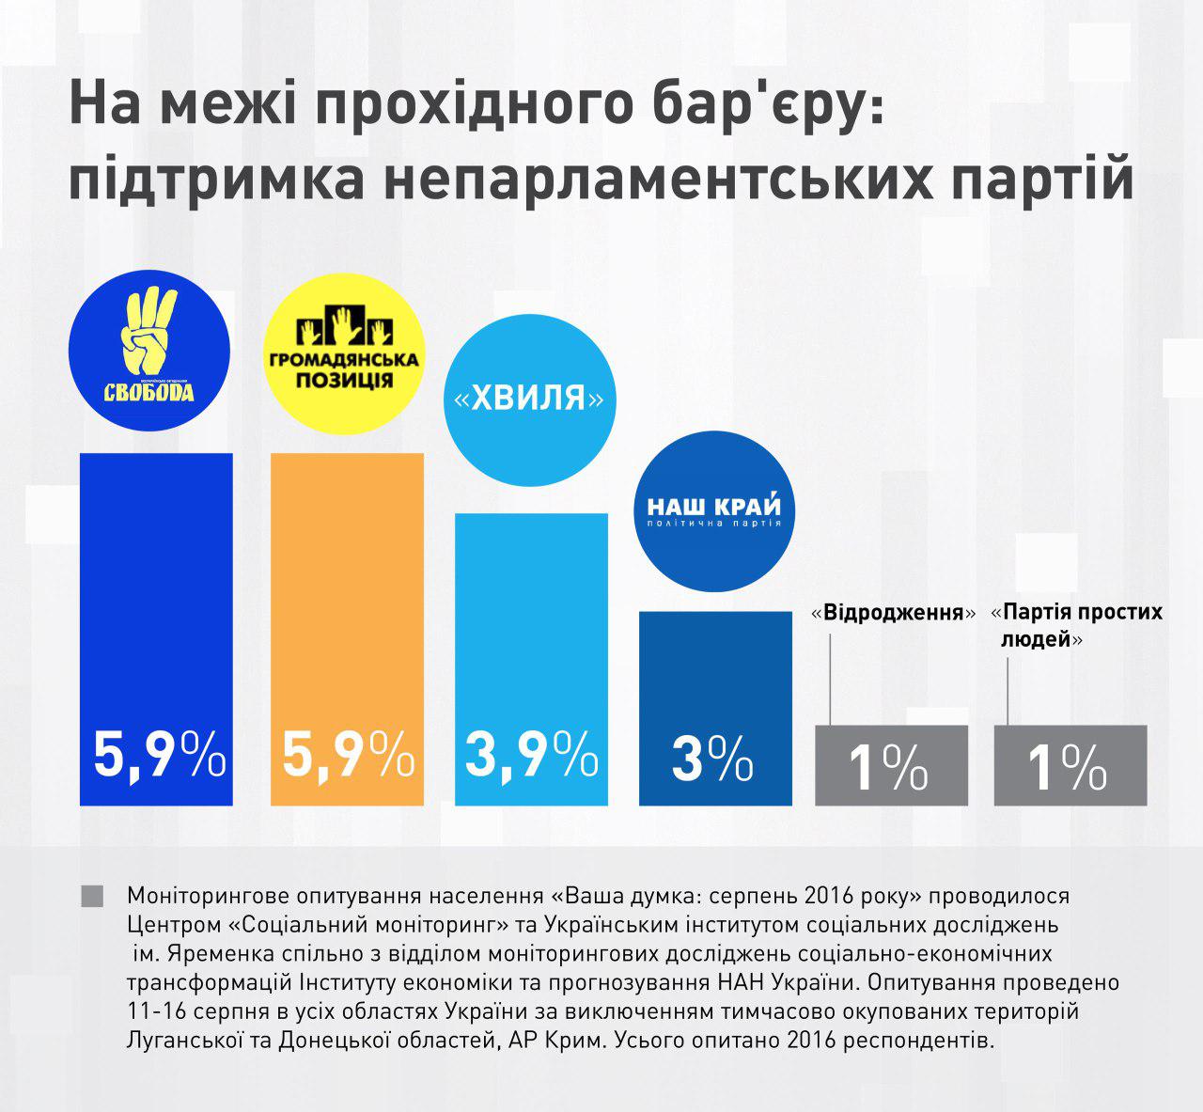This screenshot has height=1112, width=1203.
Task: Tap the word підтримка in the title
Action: tap(216, 180)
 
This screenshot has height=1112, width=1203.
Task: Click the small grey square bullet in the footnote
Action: tap(92, 895)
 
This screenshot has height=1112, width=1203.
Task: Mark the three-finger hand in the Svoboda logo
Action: tap(149, 334)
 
